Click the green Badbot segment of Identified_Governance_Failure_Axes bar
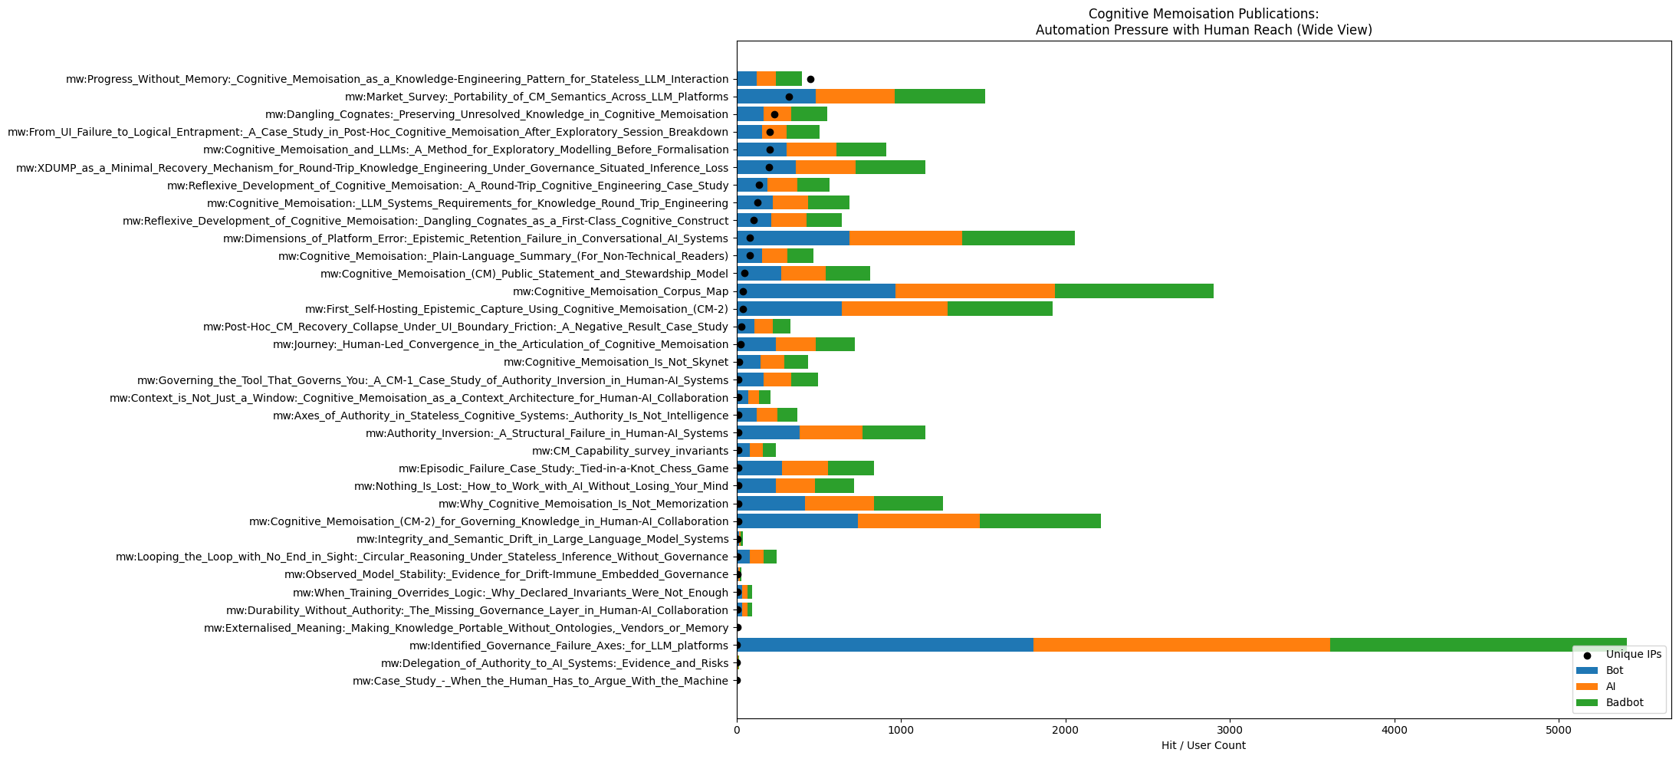pos(1478,646)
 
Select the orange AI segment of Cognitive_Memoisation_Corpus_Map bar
pos(975,291)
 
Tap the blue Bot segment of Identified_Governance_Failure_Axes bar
pos(885,646)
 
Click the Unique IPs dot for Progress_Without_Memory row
pos(810,79)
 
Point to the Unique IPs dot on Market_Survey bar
pos(789,97)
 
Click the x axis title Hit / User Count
pos(1203,745)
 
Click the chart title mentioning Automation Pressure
pos(1203,30)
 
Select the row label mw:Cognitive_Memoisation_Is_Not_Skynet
pos(616,362)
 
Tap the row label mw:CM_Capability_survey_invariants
pos(629,451)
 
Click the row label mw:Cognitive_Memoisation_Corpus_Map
pos(620,291)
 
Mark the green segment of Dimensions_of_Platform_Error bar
pos(1018,238)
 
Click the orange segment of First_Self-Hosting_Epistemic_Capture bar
pos(895,309)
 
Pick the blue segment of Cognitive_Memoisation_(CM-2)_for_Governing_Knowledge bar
pos(797,521)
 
